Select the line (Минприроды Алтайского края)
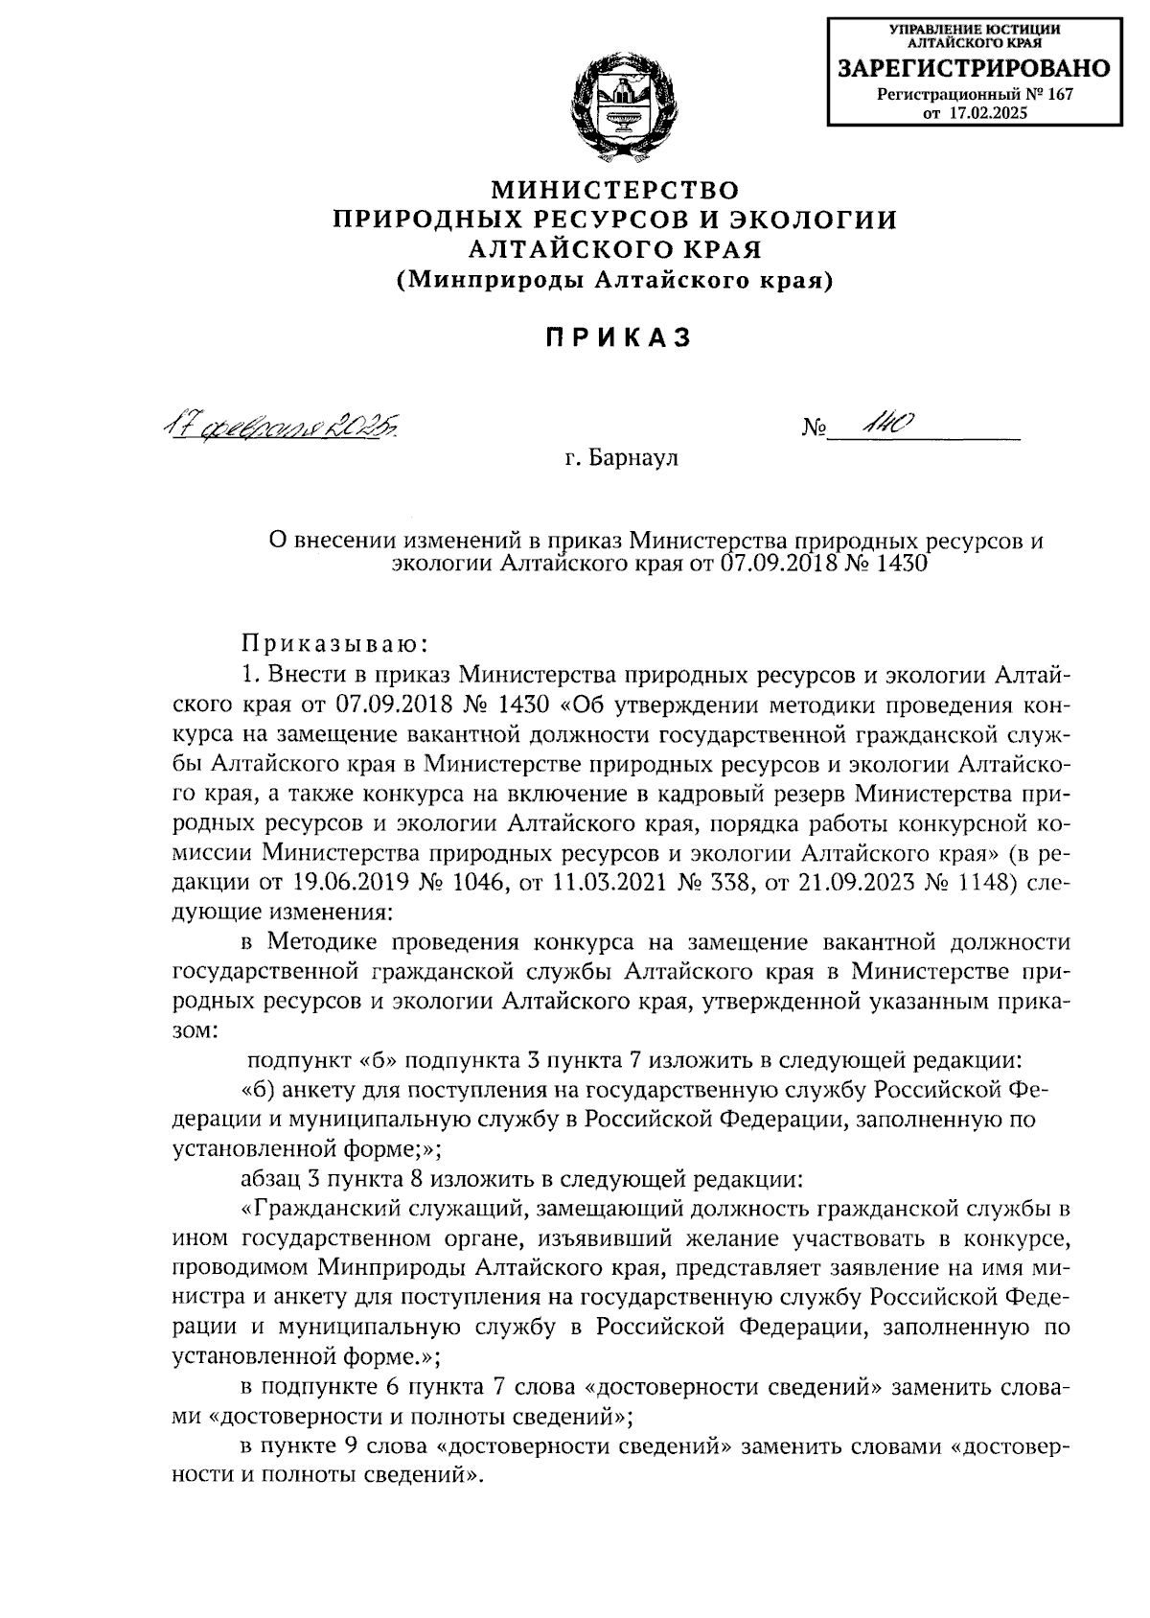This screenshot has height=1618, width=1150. point(615,280)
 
